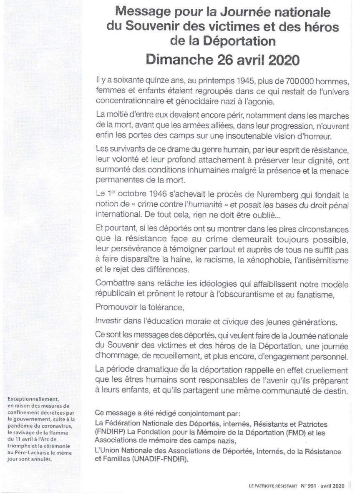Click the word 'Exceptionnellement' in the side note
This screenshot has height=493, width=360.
(32, 399)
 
